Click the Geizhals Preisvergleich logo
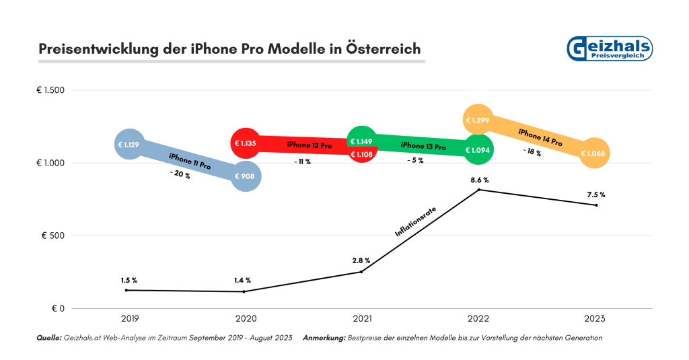point(610,49)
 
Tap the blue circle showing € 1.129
point(128,144)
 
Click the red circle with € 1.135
point(244,143)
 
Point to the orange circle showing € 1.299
point(478,120)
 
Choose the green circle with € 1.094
point(478,149)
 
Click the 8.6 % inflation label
point(479,180)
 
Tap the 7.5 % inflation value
point(595,195)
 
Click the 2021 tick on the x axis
point(361,318)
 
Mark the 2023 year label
point(595,318)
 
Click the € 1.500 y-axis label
point(50,90)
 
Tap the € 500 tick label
point(52,236)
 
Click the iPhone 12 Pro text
point(309,145)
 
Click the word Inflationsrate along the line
point(415,223)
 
